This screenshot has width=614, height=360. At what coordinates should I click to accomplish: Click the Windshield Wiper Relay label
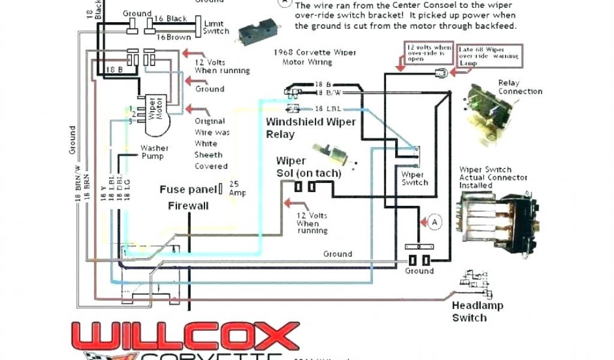coord(311,128)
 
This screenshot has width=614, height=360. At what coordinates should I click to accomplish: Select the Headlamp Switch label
coord(469,311)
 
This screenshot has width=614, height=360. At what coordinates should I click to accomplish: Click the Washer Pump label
coord(154,152)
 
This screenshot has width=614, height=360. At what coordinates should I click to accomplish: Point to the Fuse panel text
coord(188,190)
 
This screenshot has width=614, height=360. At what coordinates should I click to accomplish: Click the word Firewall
coord(188,205)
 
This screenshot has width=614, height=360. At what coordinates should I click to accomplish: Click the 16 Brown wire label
coord(173,37)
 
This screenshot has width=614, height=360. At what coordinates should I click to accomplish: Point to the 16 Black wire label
coord(174,19)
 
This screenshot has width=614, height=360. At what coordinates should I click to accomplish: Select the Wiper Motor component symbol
coord(154,112)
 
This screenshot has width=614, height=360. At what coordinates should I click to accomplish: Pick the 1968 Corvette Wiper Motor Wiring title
coord(314,57)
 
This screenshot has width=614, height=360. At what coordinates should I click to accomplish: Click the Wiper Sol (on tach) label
coord(308,167)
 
